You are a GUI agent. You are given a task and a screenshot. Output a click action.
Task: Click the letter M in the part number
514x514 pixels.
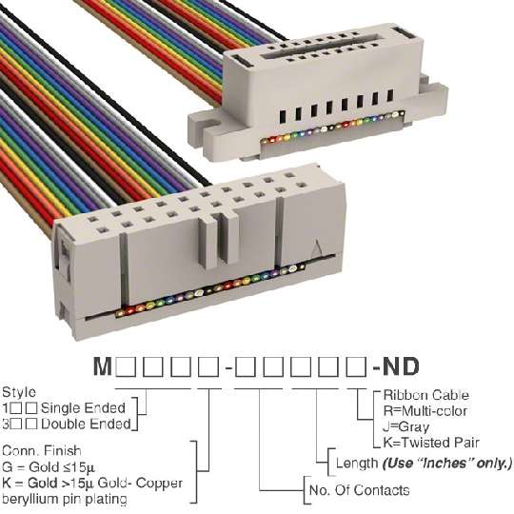(x=103, y=366)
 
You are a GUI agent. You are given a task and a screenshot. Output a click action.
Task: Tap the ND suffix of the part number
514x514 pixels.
(x=401, y=366)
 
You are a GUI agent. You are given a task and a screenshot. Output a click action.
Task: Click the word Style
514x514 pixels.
(x=19, y=393)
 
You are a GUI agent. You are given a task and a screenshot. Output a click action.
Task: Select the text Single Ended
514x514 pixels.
(x=83, y=408)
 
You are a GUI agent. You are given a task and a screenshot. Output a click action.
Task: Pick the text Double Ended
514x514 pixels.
(x=86, y=424)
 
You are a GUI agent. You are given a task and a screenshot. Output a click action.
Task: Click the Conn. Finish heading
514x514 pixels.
(x=42, y=451)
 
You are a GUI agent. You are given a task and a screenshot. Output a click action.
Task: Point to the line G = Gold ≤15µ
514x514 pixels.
(x=49, y=466)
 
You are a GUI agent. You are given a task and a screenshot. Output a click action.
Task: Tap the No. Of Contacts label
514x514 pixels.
(x=359, y=490)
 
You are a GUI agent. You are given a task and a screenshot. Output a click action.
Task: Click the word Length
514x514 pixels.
(x=357, y=464)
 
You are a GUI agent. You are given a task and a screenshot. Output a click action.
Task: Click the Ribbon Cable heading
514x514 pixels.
(x=425, y=395)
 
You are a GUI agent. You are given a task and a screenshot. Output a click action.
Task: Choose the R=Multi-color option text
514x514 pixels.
(x=425, y=411)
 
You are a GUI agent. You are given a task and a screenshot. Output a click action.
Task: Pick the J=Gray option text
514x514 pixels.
(x=405, y=426)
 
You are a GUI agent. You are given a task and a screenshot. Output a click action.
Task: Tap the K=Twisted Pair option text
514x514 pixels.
(x=431, y=443)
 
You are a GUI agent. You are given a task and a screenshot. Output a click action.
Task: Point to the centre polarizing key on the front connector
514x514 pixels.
(x=219, y=238)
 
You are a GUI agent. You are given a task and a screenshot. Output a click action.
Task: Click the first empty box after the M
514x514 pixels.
(x=126, y=366)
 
